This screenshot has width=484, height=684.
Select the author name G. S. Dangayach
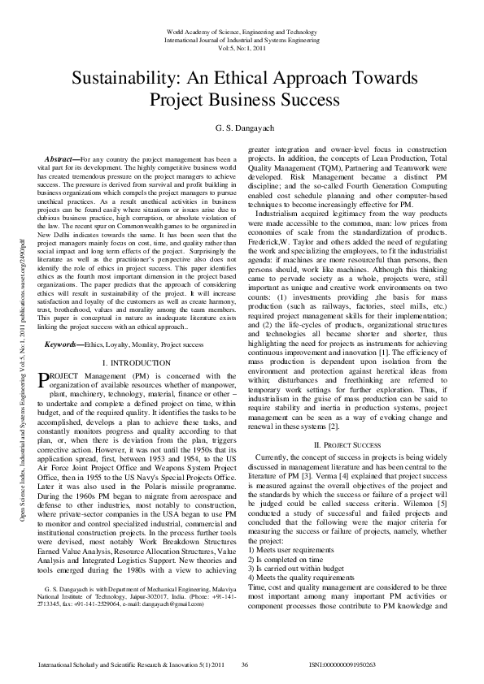[x=242, y=128]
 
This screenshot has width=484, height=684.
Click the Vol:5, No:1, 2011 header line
[x=242, y=48]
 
